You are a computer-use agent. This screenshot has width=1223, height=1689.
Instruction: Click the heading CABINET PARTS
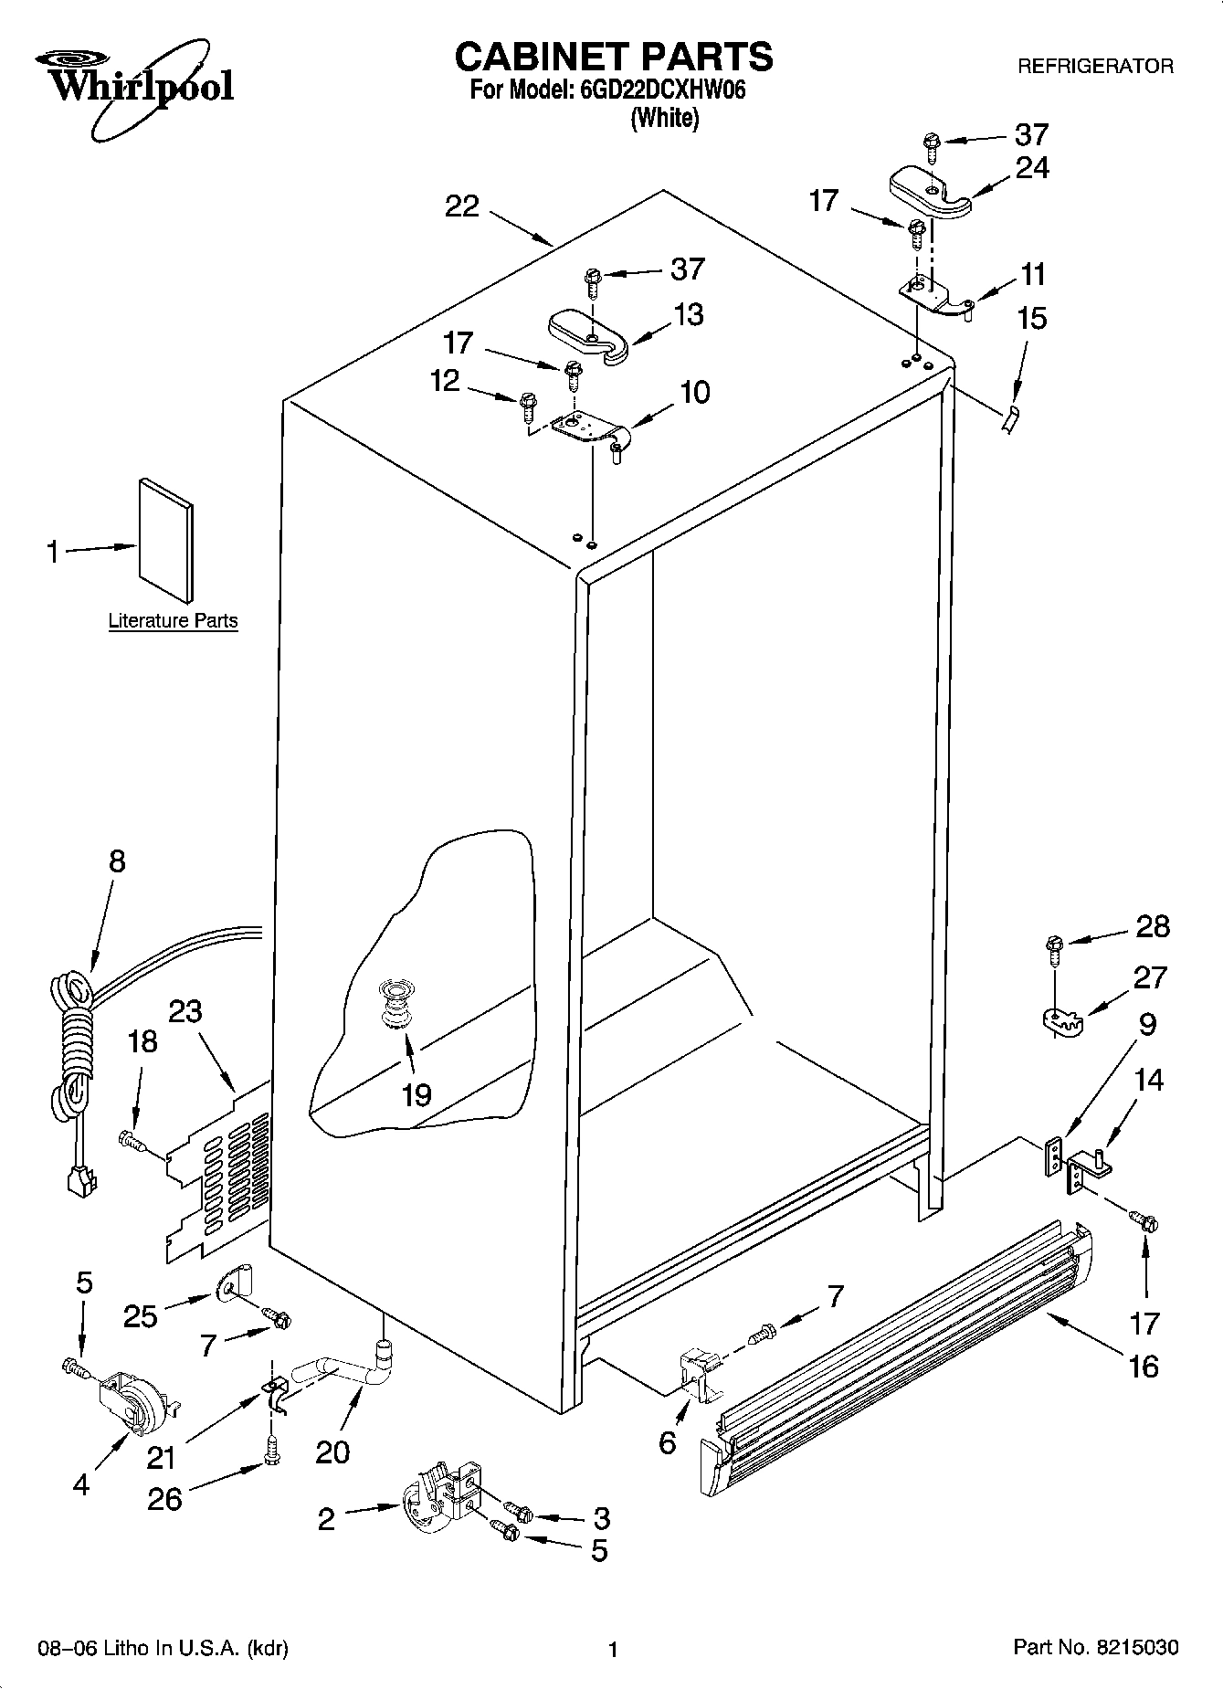click(x=613, y=57)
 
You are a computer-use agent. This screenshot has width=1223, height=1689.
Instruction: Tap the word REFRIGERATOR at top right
click(x=1094, y=67)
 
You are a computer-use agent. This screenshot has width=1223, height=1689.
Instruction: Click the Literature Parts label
click(x=173, y=621)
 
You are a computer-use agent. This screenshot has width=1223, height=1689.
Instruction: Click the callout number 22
click(x=461, y=206)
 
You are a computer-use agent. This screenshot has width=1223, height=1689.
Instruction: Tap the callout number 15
click(x=1031, y=319)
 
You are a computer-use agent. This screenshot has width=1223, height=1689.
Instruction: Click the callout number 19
click(x=416, y=1094)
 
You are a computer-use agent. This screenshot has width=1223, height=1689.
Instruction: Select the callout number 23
click(x=185, y=1011)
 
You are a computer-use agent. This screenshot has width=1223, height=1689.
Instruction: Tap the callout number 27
click(x=1149, y=977)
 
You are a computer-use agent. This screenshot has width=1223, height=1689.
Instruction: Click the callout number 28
click(x=1152, y=926)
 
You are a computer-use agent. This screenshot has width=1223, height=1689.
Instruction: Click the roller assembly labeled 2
click(x=437, y=1498)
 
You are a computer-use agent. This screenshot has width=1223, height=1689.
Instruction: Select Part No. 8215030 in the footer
click(x=1095, y=1648)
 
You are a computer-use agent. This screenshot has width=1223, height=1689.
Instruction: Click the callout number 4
click(x=81, y=1485)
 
